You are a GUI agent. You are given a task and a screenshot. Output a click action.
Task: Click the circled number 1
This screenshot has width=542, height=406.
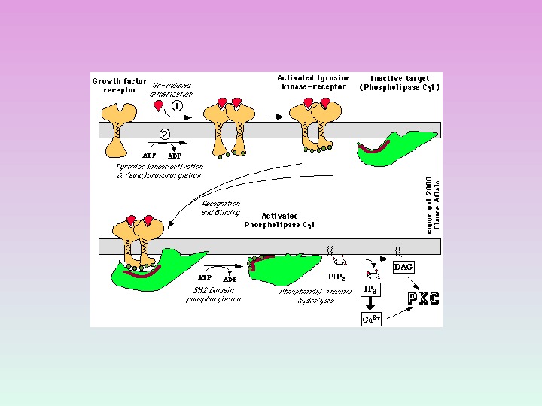177,106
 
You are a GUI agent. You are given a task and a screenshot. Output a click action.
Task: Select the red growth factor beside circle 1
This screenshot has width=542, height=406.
159,105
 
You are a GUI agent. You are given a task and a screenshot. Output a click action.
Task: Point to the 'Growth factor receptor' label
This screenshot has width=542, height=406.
114,86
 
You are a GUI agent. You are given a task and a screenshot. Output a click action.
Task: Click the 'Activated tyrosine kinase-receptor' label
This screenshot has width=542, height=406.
312,82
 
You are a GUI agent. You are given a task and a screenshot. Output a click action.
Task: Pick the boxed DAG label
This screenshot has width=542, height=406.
403,267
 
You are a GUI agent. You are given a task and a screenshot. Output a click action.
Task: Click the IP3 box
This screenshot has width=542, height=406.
371,289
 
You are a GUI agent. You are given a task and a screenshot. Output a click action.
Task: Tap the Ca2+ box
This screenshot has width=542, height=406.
371,319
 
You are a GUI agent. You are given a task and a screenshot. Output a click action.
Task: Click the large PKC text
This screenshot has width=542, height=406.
423,298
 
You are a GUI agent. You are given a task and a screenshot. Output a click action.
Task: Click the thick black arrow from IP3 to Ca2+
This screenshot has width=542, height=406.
371,304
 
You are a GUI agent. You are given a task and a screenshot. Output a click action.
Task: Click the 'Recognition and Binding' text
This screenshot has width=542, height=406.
221,208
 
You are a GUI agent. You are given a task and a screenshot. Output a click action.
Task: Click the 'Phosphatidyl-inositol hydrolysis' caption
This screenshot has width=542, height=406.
315,295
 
